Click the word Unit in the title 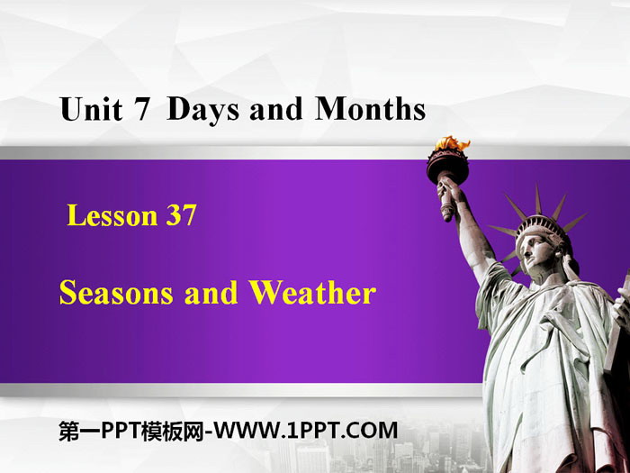point(91,109)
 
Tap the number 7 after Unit point(142,109)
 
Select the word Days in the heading point(202,110)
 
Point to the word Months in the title point(370,109)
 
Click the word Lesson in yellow point(112,215)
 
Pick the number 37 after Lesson point(181,214)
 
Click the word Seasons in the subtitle point(116,293)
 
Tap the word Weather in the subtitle point(312,292)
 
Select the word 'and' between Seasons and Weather point(211,293)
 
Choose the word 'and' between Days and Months point(275,109)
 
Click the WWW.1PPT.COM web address point(305,430)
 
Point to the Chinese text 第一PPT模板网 point(131,431)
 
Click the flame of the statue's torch point(452,143)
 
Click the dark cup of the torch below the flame point(447,165)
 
